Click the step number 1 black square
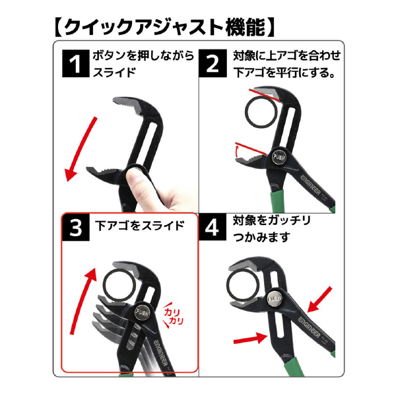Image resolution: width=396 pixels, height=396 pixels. [75, 63]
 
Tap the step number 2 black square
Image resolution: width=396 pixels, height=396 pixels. [213, 63]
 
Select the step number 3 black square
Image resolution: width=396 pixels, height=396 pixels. [75, 227]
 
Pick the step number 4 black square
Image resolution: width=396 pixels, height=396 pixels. [213, 227]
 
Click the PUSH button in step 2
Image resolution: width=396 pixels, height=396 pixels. [279, 157]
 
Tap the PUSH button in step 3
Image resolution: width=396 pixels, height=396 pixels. [142, 313]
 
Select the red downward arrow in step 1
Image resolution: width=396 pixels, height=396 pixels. [81, 148]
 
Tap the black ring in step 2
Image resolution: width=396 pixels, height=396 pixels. [261, 112]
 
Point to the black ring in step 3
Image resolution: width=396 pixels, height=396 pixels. [119, 286]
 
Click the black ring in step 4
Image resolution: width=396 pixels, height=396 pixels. [244, 286]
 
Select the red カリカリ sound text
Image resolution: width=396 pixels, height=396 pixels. [173, 315]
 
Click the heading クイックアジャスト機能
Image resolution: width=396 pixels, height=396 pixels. [164, 27]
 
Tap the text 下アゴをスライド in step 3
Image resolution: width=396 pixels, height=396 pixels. [140, 225]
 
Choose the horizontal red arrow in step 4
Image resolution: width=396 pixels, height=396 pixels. [250, 338]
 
